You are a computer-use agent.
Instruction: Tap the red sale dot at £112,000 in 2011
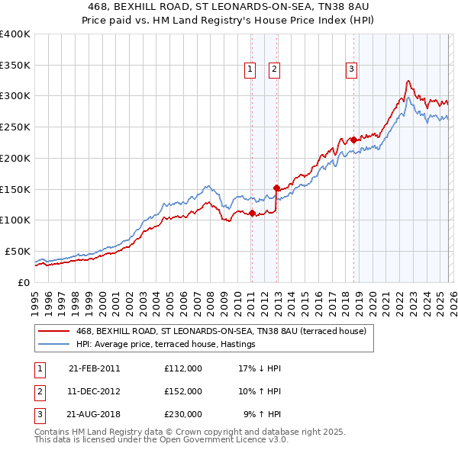pos(252,213)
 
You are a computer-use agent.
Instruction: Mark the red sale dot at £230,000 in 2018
pos(353,140)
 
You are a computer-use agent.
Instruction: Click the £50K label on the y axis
pos(17,251)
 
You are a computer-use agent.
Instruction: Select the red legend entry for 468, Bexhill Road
pos(221,331)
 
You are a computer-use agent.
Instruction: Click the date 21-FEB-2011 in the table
pos(94,368)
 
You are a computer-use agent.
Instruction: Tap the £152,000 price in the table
pos(182,391)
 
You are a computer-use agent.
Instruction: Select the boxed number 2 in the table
pos(37,391)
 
